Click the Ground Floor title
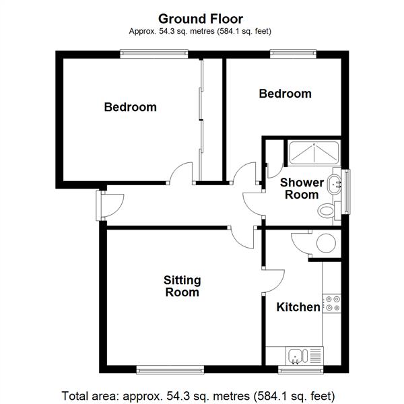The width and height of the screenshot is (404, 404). point(201,19)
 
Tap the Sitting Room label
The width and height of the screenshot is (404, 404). point(182,286)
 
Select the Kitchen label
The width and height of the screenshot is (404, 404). point(298,307)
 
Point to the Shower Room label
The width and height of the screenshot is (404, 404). point(302,189)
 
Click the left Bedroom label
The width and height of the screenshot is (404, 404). point(131,107)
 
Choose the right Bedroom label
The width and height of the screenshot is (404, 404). point(285,94)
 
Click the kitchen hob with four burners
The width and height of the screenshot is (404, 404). point(332,304)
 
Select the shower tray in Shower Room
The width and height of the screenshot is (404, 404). point(314,153)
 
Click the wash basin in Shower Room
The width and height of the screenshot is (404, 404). point(334,184)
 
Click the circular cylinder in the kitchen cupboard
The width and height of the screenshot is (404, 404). point(326,243)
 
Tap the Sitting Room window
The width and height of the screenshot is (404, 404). point(170,370)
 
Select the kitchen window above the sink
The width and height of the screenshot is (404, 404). point(301,370)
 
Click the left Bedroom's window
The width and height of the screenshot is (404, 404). point(154,54)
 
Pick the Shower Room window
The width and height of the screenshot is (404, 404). point(346,192)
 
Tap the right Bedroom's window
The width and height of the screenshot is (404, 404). point(293,54)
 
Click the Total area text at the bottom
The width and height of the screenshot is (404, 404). point(198,395)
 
